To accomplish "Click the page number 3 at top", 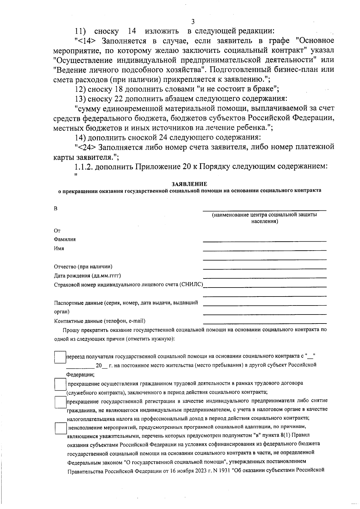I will click(x=193, y=21).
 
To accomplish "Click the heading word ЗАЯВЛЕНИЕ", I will click(x=189, y=184).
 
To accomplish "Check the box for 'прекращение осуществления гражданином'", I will click(x=60, y=384).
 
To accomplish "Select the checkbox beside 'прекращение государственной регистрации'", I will click(x=60, y=402).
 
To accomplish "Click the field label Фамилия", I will click(x=65, y=239).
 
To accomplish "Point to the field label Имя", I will click(x=59, y=248).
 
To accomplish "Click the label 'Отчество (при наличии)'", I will click(x=83, y=267).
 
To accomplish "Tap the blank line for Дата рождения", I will click(x=265, y=278).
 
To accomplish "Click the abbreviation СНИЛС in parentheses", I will click(x=191, y=285).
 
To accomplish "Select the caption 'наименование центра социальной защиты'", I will click(x=265, y=215).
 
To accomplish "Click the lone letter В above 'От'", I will click(x=55, y=209).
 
